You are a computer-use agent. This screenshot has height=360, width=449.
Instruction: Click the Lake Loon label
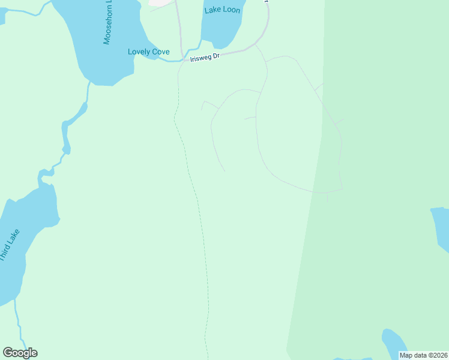pos(222,10)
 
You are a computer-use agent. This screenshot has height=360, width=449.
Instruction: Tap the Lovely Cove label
pos(148,52)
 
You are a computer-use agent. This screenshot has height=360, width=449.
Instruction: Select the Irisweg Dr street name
pos(205,56)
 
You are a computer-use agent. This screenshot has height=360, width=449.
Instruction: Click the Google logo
pos(20,353)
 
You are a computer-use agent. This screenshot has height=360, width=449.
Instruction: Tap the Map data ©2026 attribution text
pos(423,355)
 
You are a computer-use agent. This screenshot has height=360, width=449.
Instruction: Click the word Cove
pos(160,52)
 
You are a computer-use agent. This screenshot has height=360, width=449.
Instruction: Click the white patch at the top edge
pos(161,2)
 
